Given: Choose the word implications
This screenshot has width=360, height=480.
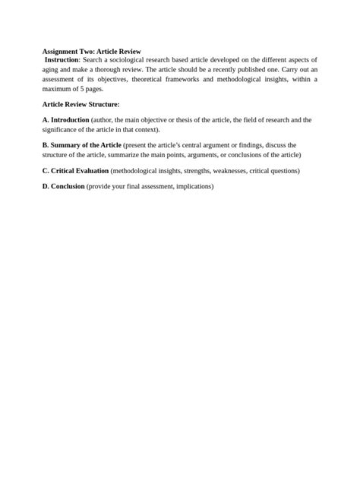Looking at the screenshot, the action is pos(194,186).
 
